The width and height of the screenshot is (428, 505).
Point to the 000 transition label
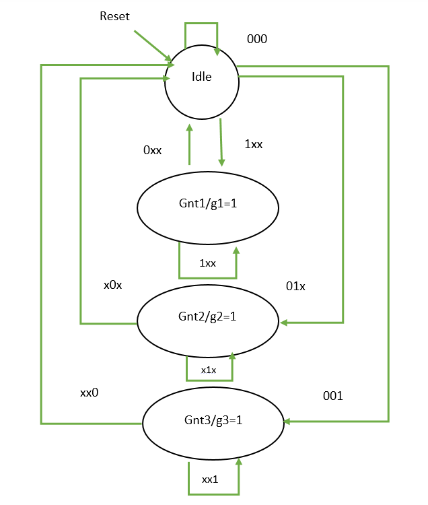[x=256, y=39]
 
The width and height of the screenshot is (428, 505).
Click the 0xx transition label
[x=152, y=151]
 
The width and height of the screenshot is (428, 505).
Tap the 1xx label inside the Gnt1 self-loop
[x=207, y=263]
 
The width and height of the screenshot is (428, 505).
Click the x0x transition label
[x=112, y=285]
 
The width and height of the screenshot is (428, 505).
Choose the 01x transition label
[x=295, y=287]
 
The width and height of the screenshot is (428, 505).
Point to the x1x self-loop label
[x=209, y=370]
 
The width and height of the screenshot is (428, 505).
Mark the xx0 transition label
[x=89, y=393]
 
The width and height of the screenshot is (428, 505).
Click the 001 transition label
[x=332, y=396]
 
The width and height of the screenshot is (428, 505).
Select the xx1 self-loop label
[x=211, y=479]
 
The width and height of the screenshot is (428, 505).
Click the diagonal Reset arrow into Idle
[x=152, y=45]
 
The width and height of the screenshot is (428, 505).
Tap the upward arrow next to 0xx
[x=189, y=144]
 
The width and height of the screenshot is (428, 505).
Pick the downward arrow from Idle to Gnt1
[x=221, y=142]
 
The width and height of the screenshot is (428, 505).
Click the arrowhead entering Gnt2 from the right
[x=285, y=323]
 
